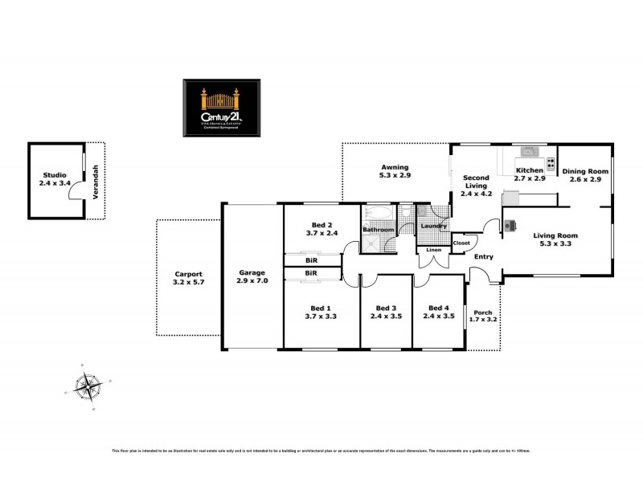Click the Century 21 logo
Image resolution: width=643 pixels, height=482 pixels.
point(221,108)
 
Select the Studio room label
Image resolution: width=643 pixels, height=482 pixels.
point(55,178)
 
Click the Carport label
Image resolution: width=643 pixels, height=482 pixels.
point(189,278)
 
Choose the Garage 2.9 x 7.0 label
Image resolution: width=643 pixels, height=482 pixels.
point(252,276)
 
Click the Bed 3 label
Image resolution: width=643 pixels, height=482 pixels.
point(386,312)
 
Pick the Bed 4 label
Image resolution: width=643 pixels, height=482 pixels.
point(438,312)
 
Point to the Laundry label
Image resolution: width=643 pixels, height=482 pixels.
point(433,227)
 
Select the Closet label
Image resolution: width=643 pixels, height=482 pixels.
point(461,243)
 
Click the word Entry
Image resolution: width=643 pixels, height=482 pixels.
point(483,257)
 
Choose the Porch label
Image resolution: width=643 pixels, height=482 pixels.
point(483,317)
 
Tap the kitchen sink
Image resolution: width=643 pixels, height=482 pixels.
point(529,152)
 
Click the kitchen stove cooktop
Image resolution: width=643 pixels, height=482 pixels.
point(551,164)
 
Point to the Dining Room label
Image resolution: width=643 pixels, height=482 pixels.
point(585,175)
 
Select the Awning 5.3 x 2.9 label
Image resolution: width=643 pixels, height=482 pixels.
point(395,170)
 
